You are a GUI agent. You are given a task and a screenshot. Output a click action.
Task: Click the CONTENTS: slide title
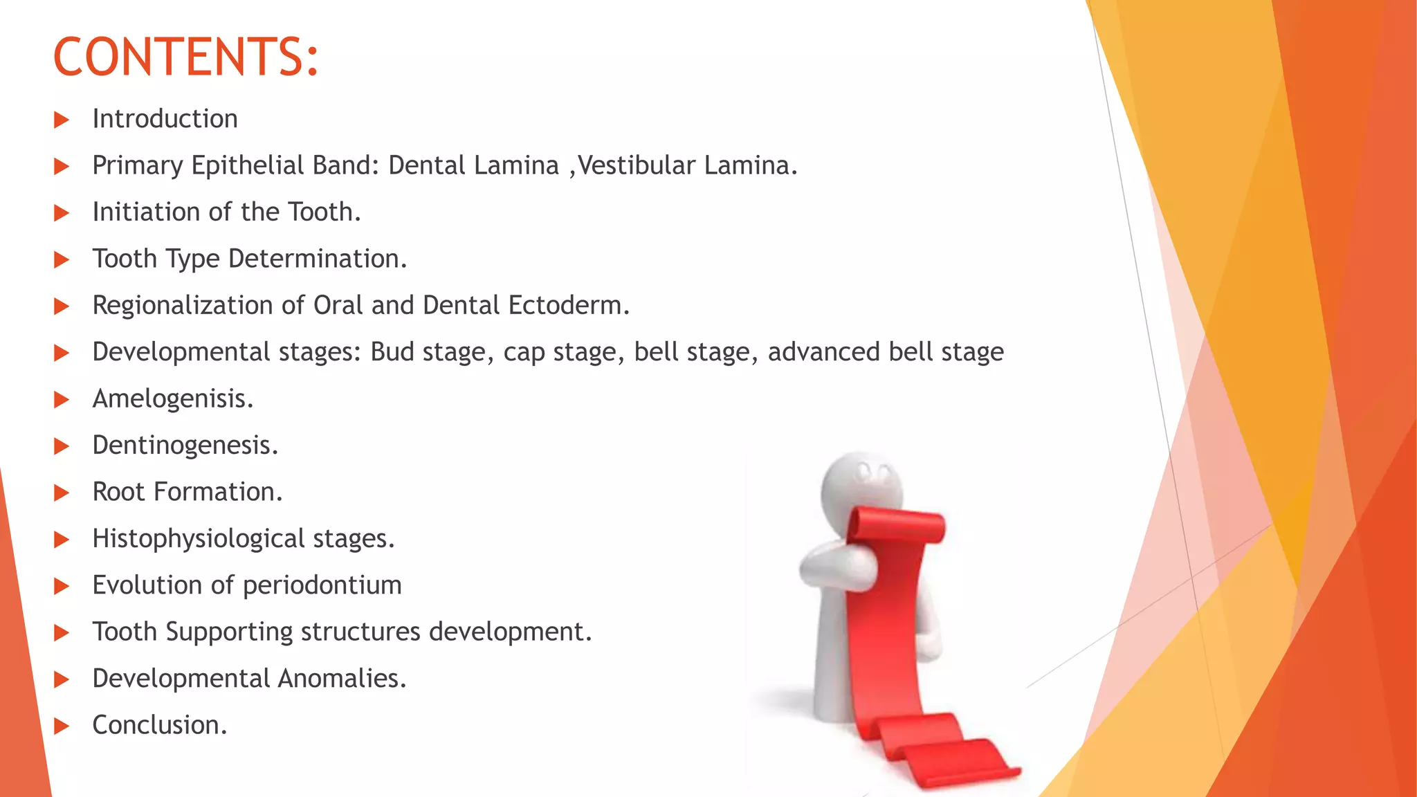pyautogui.click(x=185, y=57)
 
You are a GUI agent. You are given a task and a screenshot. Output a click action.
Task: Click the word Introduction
pyautogui.click(x=165, y=119)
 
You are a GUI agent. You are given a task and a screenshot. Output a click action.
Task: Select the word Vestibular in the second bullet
pyautogui.click(x=637, y=165)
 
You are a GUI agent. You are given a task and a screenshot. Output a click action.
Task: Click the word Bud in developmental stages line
pyautogui.click(x=392, y=352)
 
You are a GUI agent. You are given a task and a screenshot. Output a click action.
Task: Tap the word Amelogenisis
pyautogui.click(x=173, y=398)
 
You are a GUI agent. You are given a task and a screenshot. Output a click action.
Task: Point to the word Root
pyautogui.click(x=118, y=492)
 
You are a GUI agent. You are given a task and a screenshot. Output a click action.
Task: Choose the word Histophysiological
pyautogui.click(x=199, y=539)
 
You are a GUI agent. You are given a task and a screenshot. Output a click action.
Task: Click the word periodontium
pyautogui.click(x=322, y=586)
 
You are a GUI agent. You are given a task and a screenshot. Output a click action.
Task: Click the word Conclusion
pyautogui.click(x=160, y=725)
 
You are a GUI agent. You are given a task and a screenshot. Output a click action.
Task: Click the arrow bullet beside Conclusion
pyautogui.click(x=62, y=726)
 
